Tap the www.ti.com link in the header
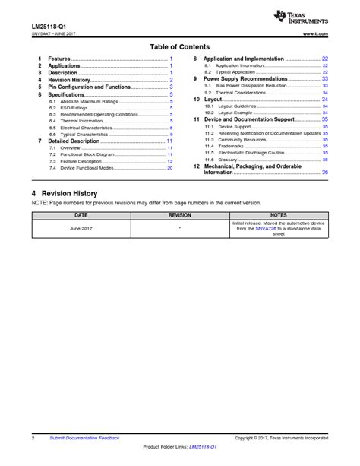pos(314,35)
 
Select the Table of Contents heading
pos(180,47)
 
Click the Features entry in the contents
pos(59,59)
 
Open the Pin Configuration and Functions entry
pos(90,87)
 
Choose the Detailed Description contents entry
pos(74,141)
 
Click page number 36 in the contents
pos(324,173)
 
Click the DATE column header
pos(81,215)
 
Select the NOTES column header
pos(279,215)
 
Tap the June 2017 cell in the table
pos(81,228)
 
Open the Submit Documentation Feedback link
pos(84,439)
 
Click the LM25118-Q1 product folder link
pos(203,446)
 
